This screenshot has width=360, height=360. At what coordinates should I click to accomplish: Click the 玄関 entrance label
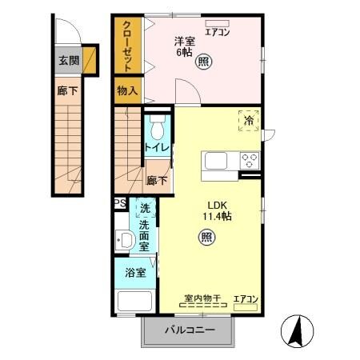point(68,60)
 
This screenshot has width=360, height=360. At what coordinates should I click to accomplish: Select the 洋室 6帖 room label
point(185,45)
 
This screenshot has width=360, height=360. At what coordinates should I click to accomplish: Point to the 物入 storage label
point(127,90)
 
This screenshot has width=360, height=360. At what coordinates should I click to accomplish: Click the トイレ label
point(155,148)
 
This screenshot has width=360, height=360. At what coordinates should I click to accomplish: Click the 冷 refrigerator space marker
point(249,120)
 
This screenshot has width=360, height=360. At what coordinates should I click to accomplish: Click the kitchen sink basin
point(218,161)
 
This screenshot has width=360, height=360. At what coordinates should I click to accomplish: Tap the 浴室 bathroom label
point(135,273)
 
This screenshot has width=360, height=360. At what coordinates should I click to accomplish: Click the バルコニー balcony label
point(190,329)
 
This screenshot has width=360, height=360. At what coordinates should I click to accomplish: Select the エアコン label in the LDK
point(246,299)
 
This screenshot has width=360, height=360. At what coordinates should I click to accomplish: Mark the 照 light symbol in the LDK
point(206,238)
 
